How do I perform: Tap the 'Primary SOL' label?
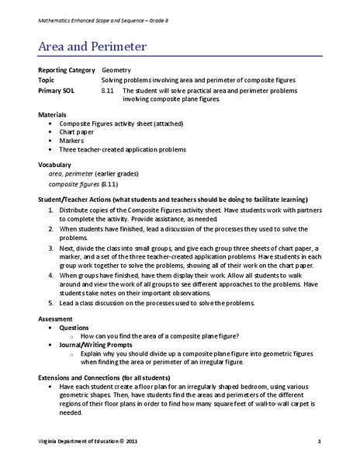pos(56,90)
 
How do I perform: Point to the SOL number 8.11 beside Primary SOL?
pos(107,90)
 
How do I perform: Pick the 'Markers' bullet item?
pos(76,140)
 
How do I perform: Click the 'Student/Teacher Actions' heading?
pos(85,199)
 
